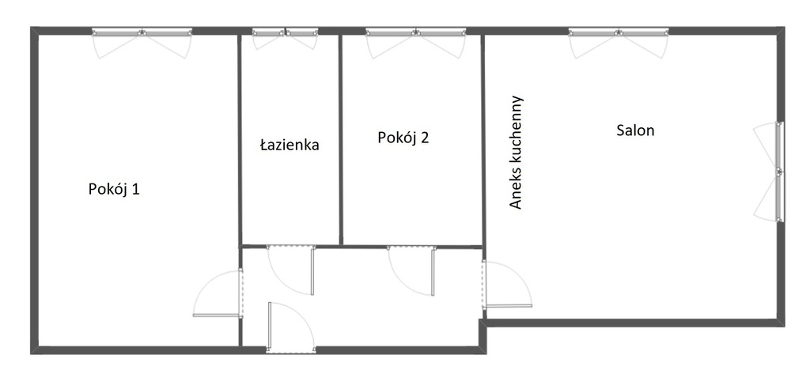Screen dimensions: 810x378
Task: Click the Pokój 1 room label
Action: pos(114,189)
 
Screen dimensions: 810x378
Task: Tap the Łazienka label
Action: pos(290,145)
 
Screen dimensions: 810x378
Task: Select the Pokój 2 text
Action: pos(403,138)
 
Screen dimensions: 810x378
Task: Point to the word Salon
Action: pos(635,130)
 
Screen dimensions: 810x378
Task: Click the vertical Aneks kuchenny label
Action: pos(516,153)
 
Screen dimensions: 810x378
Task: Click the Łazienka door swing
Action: pos(290,270)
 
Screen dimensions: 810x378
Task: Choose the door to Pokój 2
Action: pos(411,270)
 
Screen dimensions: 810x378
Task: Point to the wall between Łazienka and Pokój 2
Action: pos(341,139)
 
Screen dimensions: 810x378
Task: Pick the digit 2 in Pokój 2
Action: pos(425,138)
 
